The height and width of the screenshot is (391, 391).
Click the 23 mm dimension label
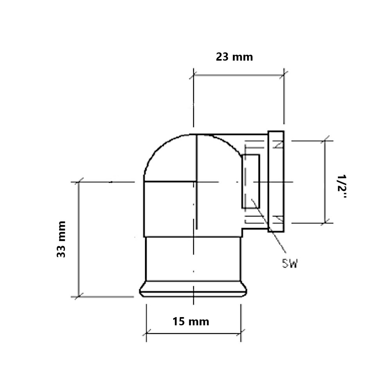pyautogui.click(x=234, y=57)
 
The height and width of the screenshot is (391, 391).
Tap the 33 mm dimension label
pyautogui.click(x=61, y=239)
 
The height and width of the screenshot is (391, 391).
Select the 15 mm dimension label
pyautogui.click(x=191, y=321)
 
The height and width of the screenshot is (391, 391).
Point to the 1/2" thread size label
pyautogui.click(x=342, y=187)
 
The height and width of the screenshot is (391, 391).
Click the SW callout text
pyautogui.click(x=290, y=263)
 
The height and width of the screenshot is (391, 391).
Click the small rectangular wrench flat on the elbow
pyautogui.click(x=251, y=181)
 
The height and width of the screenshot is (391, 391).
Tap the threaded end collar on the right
pyautogui.click(x=276, y=181)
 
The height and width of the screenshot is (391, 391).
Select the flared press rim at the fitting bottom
pyautogui.click(x=193, y=289)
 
